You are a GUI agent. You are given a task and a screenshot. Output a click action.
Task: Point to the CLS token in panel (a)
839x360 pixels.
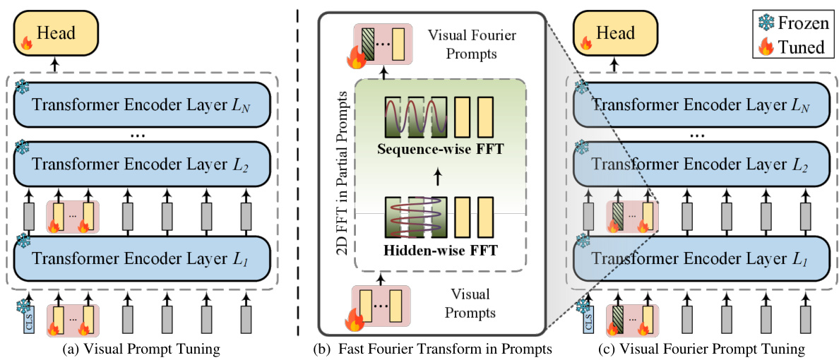point(29,320)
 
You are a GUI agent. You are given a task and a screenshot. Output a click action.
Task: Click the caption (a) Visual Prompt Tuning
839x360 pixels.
point(143,349)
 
